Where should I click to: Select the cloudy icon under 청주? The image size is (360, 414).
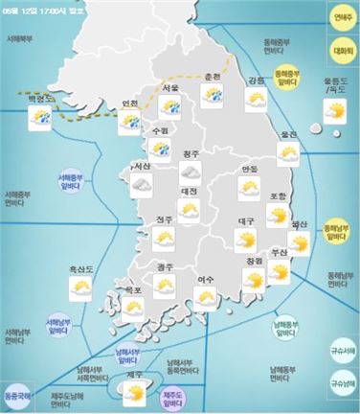[190, 172]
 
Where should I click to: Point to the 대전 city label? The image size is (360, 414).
[189, 192]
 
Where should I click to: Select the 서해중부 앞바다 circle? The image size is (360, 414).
[69, 179]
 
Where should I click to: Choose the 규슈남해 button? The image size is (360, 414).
[338, 385]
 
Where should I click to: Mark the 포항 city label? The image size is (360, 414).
[279, 196]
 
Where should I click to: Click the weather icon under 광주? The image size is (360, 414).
[165, 286]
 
